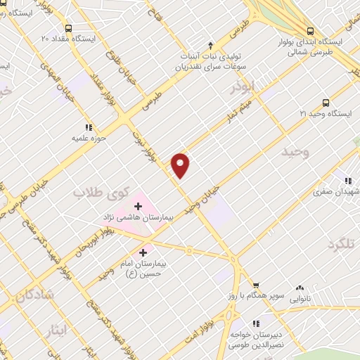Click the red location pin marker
coord(181,165)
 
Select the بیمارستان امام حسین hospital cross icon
coord(143,252)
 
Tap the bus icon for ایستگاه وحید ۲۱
coord(326,102)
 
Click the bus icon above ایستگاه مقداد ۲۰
coord(67,26)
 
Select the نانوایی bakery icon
coord(300,288)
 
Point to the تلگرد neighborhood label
coord(342,244)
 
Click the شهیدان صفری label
coord(341,191)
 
